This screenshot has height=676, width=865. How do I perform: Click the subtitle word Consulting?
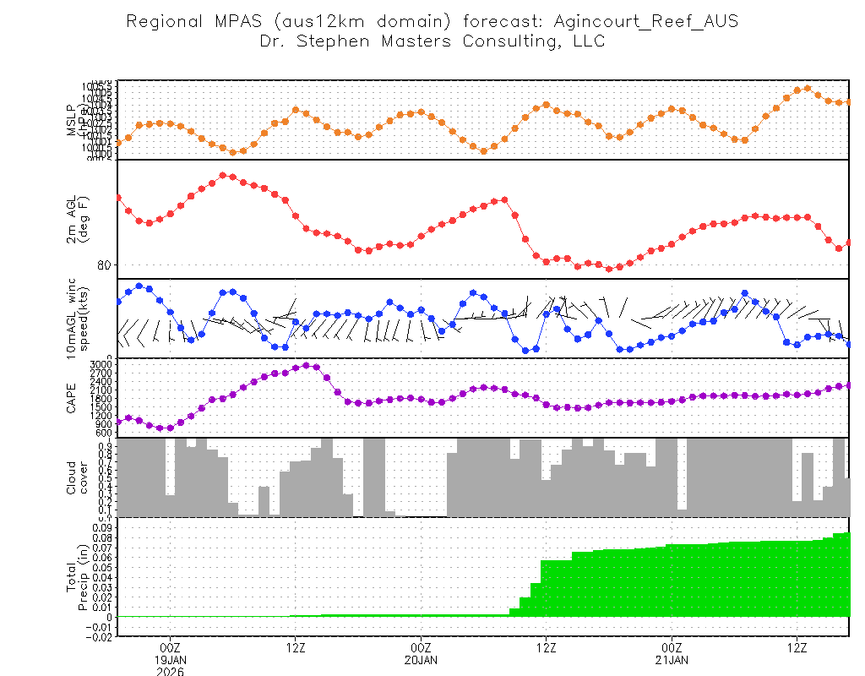[505, 41]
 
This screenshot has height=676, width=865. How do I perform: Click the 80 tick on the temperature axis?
[104, 264]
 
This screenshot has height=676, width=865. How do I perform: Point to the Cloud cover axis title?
[77, 478]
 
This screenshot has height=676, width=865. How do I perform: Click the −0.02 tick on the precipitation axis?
[101, 637]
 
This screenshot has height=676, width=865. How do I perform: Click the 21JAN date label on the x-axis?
[672, 659]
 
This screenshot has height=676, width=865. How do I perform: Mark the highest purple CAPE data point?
[306, 365]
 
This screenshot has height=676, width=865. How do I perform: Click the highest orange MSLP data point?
[808, 88]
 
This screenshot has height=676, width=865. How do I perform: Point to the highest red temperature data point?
[222, 175]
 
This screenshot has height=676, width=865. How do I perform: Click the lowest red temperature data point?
[609, 269]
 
